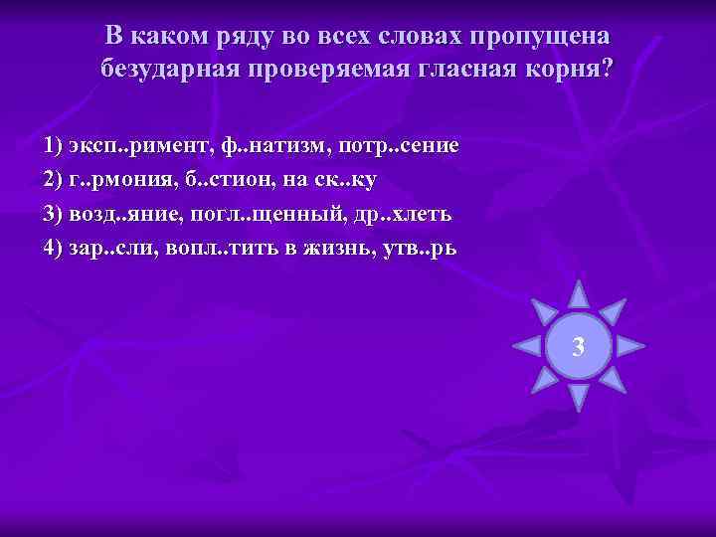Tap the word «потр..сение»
click(399, 146)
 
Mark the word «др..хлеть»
click(404, 214)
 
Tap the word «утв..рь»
click(424, 248)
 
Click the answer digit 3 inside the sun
click(579, 347)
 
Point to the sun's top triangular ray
click(579, 294)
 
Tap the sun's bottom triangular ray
click(579, 397)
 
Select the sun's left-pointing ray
click(526, 346)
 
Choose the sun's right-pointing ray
click(630, 346)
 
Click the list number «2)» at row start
click(54, 180)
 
